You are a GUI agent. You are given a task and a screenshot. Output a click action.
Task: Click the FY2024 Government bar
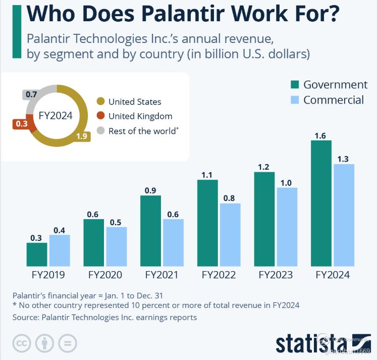click(321, 203)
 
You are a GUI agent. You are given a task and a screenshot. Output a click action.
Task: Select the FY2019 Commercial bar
click(60, 250)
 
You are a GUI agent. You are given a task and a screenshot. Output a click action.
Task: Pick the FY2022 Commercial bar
click(230, 235)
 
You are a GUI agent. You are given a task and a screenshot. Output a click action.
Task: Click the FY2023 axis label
click(276, 276)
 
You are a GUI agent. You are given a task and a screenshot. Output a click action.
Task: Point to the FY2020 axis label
click(105, 276)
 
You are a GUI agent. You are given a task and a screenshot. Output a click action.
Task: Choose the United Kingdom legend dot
click(100, 116)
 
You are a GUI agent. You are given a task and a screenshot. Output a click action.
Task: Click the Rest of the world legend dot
click(100, 131)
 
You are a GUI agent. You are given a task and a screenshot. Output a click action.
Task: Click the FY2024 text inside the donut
click(56, 115)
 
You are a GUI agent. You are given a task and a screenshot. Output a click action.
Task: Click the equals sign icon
click(67, 344)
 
